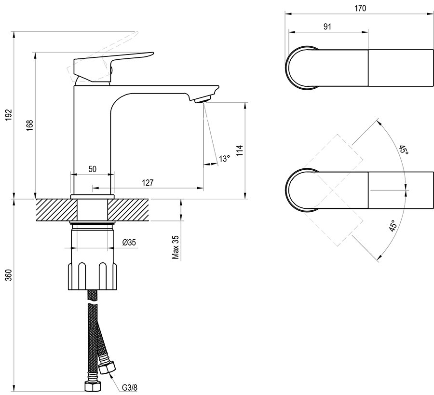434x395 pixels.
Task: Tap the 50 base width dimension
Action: [93, 169]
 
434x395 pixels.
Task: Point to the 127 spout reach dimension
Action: [148, 182]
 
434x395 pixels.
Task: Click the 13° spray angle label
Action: [224, 159]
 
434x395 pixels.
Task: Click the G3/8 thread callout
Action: [129, 386]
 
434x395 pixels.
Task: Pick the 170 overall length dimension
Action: [360, 8]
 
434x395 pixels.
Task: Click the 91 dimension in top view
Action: [327, 27]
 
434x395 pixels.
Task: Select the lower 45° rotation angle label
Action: [393, 226]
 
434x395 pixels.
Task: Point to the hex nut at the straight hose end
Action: [90, 386]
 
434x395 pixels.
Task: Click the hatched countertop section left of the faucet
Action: [53, 210]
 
